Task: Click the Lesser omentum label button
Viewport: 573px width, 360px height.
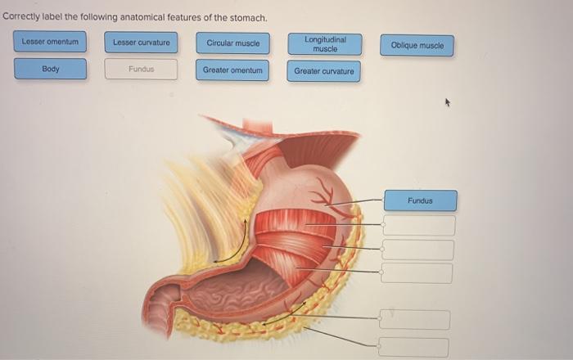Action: tap(50, 42)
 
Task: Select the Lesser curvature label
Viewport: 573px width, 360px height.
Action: tap(142, 43)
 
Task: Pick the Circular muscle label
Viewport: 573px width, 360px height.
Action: tap(233, 43)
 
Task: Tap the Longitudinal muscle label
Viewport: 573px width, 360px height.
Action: tap(325, 43)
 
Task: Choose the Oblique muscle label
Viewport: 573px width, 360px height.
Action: tap(417, 46)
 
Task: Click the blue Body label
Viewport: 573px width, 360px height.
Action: tap(50, 69)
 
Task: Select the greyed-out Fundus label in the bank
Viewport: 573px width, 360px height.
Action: tap(142, 69)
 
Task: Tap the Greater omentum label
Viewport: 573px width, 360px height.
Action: tap(233, 70)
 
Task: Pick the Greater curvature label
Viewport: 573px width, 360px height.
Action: tap(324, 71)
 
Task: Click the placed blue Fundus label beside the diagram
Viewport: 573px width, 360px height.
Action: tap(420, 200)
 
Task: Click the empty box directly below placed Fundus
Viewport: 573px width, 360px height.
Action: tap(418, 225)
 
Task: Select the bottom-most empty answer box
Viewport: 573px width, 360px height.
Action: tap(414, 347)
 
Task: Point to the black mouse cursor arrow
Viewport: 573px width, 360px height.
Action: tap(447, 104)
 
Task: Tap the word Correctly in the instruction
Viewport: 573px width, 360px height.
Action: tap(21, 17)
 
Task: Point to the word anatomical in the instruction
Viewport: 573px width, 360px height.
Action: tap(133, 17)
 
